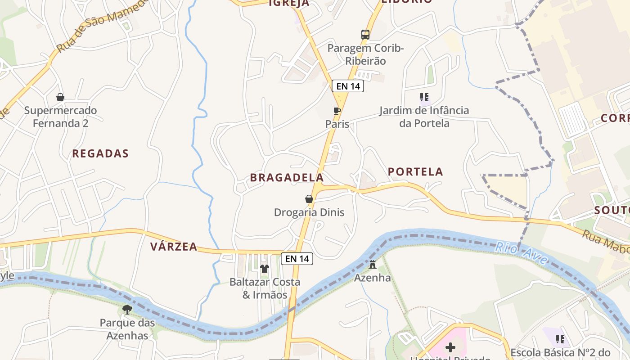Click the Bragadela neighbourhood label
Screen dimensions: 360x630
[287, 178]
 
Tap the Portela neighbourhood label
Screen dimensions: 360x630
[415, 172]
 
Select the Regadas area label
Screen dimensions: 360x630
[100, 153]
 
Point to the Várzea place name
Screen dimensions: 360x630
[174, 247]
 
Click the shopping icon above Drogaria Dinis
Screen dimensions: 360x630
[309, 199]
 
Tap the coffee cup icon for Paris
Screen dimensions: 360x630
[337, 111]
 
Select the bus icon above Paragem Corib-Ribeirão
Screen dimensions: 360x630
[365, 35]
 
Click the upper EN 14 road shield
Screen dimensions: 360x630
[348, 86]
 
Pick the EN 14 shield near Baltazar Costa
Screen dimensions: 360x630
[297, 259]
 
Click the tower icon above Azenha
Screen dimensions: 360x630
[373, 265]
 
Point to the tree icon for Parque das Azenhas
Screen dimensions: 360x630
[127, 309]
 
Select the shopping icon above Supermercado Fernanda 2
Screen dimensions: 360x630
[60, 97]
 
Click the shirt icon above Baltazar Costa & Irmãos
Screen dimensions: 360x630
[265, 269]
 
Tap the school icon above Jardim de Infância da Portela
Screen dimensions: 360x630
[424, 97]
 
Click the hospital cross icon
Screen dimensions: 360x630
[450, 347]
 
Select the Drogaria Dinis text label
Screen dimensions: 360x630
[309, 212]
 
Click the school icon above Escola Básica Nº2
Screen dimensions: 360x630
[560, 339]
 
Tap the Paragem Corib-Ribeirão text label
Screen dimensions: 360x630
[365, 54]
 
